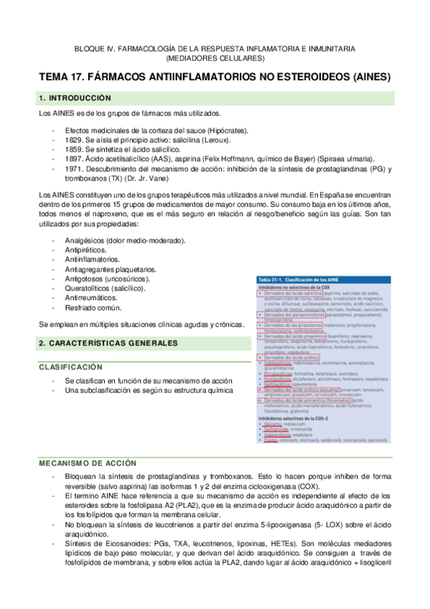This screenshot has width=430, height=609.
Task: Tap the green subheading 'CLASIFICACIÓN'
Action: pyautogui.click(x=72, y=366)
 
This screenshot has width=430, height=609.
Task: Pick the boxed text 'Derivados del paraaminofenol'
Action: pyautogui.click(x=290, y=315)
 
